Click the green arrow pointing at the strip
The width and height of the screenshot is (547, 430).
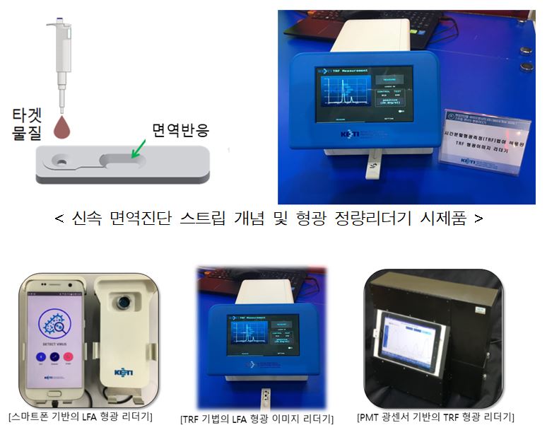tap(139, 149)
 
